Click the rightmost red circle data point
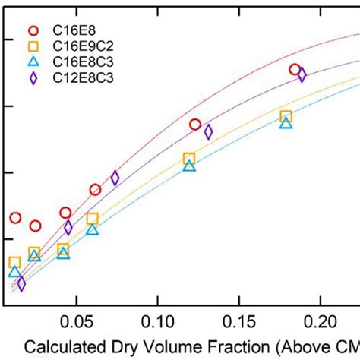coord(295,70)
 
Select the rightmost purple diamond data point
coord(302,74)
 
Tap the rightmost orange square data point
coord(286,116)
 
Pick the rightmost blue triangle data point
coord(286,122)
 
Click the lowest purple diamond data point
coord(21,284)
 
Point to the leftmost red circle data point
coord(15,218)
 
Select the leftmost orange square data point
coord(14,262)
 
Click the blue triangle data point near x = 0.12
coord(189,165)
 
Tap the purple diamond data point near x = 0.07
coord(115,178)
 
